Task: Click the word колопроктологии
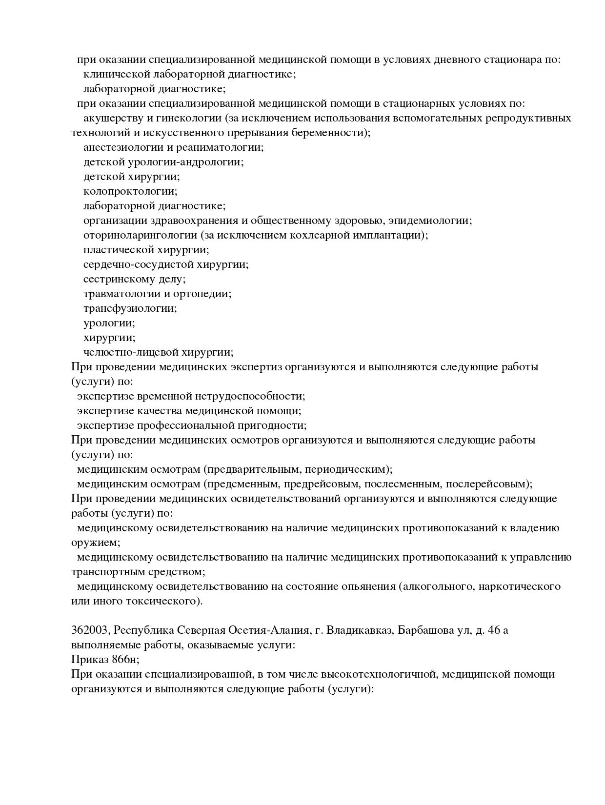pyautogui.click(x=130, y=191)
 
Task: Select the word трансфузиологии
pyautogui.click(x=130, y=308)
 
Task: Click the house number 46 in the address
pyautogui.click(x=494, y=630)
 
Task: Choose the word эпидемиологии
pyautogui.click(x=433, y=221)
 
